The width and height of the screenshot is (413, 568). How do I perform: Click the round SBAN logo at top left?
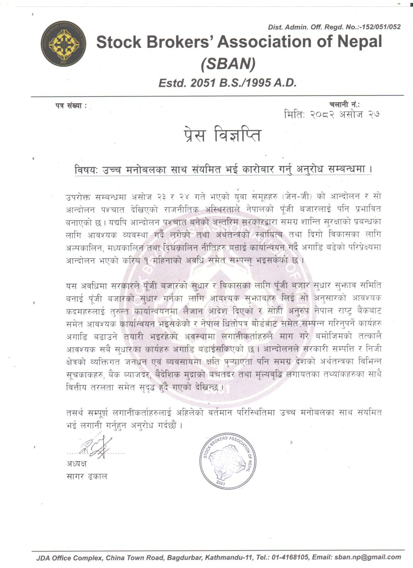point(64,43)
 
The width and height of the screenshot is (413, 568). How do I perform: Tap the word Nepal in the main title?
point(359,42)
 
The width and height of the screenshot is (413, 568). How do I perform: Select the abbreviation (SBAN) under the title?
point(228,64)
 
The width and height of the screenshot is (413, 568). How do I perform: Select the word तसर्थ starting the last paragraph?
point(76,413)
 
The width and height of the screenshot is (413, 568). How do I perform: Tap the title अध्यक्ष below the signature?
point(76,464)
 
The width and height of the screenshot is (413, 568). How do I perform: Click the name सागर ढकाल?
point(87,476)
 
